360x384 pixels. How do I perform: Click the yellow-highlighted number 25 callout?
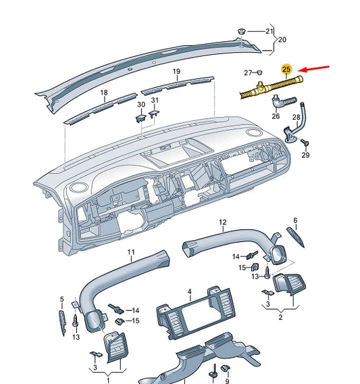[x=286, y=70]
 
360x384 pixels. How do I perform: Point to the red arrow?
[x=314, y=69]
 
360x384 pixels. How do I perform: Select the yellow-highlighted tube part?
[x=270, y=87]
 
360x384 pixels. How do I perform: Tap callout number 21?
[x=269, y=32]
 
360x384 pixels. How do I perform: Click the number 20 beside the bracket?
[x=282, y=39]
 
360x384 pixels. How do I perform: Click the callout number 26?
[x=276, y=116]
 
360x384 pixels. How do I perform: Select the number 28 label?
[x=296, y=118]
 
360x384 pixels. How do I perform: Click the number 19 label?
[x=176, y=72]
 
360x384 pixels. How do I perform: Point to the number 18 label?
[x=104, y=92]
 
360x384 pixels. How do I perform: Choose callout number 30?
[x=140, y=105]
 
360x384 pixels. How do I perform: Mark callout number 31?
[x=155, y=101]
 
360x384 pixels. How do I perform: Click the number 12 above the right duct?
[x=222, y=222]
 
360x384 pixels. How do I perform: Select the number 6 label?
[x=294, y=220]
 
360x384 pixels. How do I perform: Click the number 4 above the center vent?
[x=190, y=292]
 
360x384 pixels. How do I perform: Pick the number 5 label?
[x=61, y=299]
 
